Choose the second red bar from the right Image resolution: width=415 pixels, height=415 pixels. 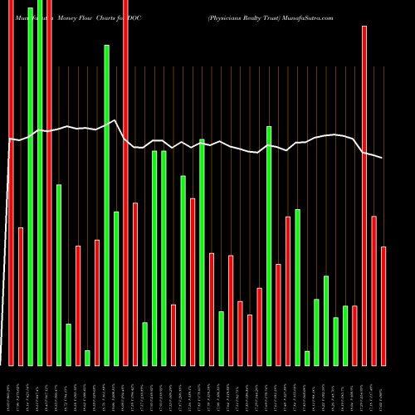(x=374, y=290)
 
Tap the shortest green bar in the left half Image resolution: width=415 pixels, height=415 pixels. (x=87, y=358)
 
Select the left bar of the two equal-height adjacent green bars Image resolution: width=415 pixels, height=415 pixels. (x=154, y=257)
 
